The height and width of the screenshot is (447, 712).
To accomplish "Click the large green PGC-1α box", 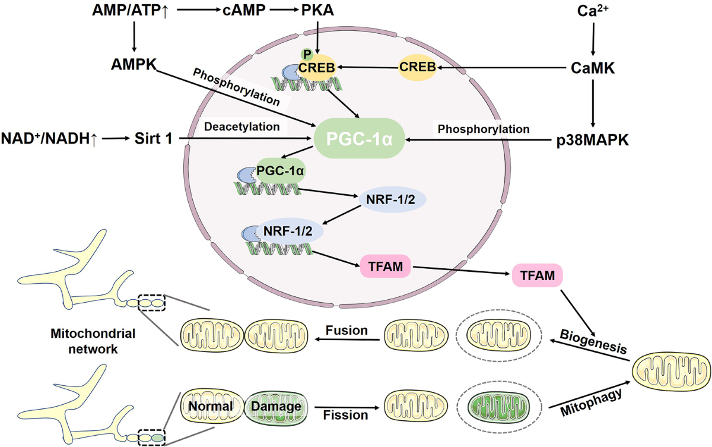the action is click(x=359, y=138).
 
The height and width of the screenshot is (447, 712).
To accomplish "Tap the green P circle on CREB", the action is click(x=307, y=55).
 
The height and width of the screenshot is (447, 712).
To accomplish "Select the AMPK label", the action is click(x=134, y=65).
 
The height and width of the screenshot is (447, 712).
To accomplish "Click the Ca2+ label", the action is click(x=593, y=11).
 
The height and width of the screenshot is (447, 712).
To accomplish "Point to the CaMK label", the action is click(x=593, y=68).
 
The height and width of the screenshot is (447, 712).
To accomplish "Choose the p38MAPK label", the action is click(x=593, y=140).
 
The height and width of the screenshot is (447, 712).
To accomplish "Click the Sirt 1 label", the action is click(x=154, y=139).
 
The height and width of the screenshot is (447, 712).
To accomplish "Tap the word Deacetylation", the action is click(x=242, y=126).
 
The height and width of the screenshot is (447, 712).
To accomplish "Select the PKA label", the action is click(x=317, y=10).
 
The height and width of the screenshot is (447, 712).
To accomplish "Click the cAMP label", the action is click(x=244, y=10).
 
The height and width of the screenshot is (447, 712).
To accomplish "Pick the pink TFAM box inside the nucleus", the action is click(x=385, y=266).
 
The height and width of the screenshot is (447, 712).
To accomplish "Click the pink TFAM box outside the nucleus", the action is click(x=537, y=275).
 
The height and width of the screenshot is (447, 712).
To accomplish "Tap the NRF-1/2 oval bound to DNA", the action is click(x=288, y=231).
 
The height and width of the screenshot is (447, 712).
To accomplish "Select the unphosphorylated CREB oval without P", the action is click(x=417, y=67).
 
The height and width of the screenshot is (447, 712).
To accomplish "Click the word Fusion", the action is click(x=347, y=330).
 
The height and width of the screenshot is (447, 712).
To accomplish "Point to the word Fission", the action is click(x=345, y=415).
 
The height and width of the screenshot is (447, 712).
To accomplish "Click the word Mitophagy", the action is click(x=591, y=402).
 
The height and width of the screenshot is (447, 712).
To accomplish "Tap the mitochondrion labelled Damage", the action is click(x=276, y=406).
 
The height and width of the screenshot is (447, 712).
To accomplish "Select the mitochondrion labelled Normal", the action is click(x=212, y=405).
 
